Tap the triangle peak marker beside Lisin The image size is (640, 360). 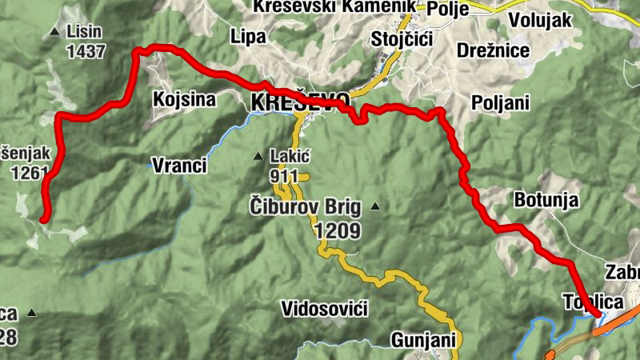coord(54,32)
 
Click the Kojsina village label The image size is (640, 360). coord(184,99)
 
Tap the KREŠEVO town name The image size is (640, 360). coord(300,102)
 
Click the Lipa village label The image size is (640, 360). coord(247,36)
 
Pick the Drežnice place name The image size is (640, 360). coord(494,51)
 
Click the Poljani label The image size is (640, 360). coord(502,102)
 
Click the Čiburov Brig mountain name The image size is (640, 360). coord(306,207)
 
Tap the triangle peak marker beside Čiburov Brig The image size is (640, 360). coord(374,207)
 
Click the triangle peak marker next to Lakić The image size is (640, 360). coord(258,156)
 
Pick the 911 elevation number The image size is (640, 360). coord(284,176)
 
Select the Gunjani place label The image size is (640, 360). coord(423,340)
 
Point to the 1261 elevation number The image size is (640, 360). coord(30,171)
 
